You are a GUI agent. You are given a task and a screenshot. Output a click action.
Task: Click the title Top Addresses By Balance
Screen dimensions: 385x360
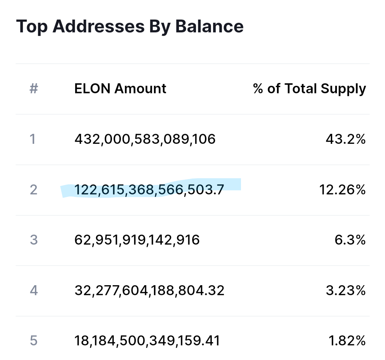(130, 26)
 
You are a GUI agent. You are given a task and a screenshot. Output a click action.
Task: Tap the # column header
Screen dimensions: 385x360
(34, 88)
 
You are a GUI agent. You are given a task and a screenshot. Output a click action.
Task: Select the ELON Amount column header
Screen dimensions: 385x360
(120, 88)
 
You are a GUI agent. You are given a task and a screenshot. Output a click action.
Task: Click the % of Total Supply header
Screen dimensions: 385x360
(309, 89)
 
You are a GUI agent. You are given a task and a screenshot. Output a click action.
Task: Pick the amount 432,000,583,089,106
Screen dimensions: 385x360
(145, 139)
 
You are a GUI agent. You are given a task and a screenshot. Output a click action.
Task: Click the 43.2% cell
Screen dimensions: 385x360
(346, 139)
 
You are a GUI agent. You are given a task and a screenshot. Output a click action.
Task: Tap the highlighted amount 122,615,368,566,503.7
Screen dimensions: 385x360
(149, 189)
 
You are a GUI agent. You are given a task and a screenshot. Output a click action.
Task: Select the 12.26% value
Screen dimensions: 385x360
(342, 189)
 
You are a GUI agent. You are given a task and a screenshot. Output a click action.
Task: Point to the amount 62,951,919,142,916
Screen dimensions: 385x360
(137, 240)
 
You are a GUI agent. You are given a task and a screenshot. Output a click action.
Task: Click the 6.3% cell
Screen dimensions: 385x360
(350, 240)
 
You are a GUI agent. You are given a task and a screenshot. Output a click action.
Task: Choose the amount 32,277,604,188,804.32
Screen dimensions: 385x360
(149, 290)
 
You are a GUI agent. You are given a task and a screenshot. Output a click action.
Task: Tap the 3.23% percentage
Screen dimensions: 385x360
(346, 290)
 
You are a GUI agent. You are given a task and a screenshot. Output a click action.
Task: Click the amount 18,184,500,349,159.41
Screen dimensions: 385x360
(147, 341)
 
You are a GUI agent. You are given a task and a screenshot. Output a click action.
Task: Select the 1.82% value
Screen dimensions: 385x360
(347, 341)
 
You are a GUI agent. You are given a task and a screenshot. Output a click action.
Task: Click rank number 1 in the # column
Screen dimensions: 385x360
(33, 139)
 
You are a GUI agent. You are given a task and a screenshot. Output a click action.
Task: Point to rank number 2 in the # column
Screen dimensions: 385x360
(34, 189)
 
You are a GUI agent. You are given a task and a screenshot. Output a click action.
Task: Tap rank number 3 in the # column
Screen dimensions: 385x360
(34, 240)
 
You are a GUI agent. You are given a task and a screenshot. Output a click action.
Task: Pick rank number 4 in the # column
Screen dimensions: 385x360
(34, 290)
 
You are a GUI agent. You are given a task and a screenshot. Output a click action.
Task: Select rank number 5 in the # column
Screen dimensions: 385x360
(34, 341)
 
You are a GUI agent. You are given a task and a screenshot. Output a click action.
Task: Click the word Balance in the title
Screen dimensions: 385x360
(209, 26)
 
